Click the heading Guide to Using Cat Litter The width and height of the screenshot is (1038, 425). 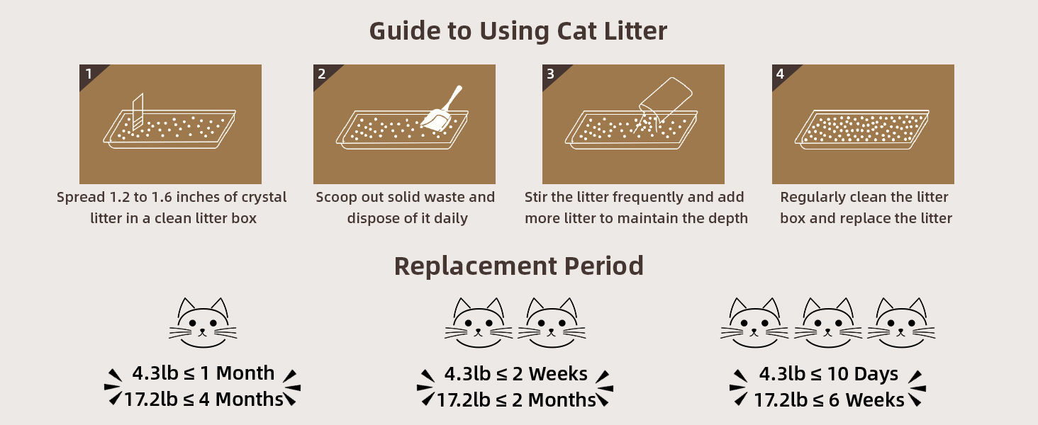tap(518, 32)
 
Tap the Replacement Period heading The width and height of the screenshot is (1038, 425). tap(518, 266)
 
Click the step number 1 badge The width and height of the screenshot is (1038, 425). tap(89, 74)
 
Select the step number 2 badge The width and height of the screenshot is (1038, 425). tap(323, 74)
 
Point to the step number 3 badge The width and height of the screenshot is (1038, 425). tap(551, 74)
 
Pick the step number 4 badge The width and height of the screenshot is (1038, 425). tap(781, 74)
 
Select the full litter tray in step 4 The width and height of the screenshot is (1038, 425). tap(862, 127)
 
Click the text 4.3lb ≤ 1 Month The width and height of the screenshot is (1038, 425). tap(203, 373)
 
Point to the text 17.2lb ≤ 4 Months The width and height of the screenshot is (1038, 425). tap(203, 399)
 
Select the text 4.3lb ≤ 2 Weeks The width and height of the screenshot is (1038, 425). tap(515, 374)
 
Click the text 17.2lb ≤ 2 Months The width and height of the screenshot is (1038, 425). tap(515, 400)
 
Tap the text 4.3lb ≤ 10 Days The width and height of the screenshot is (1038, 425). tap(828, 374)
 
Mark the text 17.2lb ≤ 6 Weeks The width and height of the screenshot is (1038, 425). tap(828, 400)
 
